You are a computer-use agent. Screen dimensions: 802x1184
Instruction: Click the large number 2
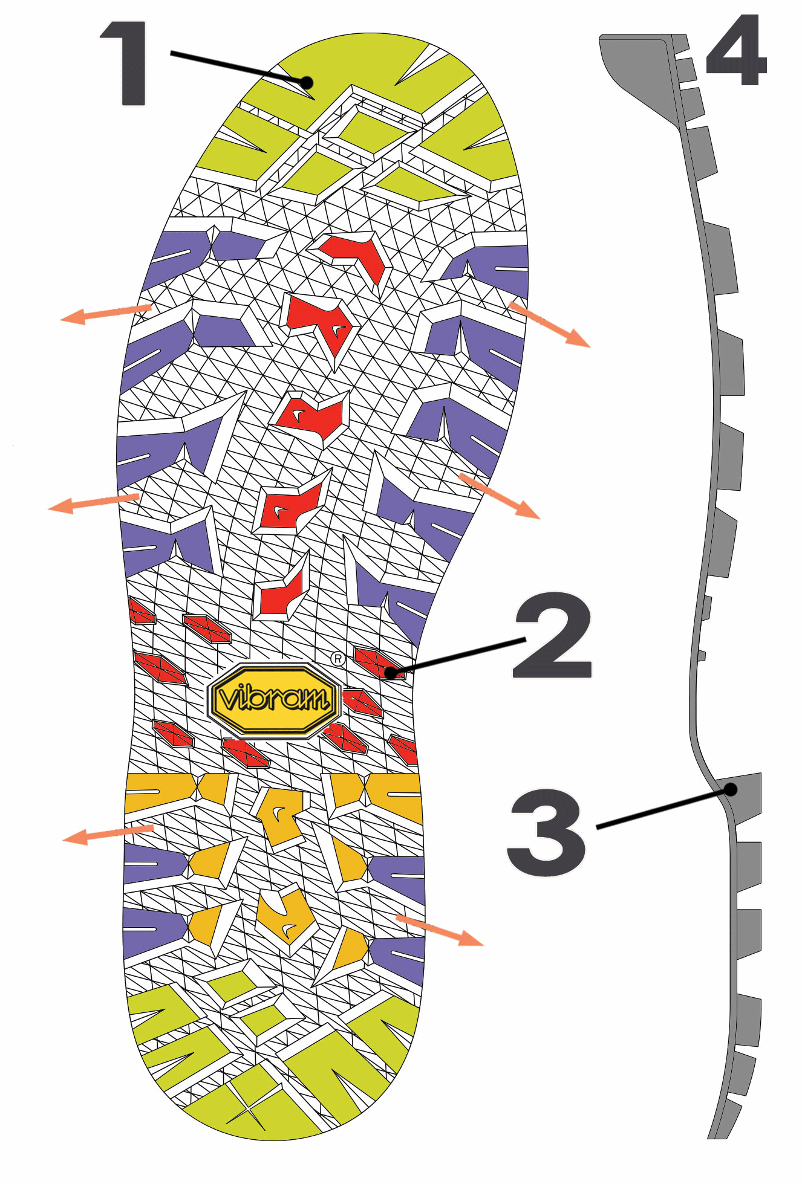(x=552, y=635)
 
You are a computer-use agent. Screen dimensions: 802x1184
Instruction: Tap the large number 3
(x=547, y=832)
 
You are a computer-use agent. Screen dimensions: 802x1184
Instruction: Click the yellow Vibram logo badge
(x=274, y=700)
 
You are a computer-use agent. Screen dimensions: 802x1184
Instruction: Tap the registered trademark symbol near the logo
(x=338, y=659)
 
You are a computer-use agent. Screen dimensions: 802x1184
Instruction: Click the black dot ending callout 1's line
(x=307, y=82)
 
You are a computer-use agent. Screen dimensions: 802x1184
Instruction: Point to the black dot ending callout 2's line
(x=391, y=672)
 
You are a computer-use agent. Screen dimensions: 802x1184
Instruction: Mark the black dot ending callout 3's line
(x=731, y=789)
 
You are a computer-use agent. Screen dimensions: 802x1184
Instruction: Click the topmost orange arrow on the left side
(x=106, y=314)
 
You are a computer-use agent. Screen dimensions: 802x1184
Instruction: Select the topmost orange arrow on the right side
(x=549, y=325)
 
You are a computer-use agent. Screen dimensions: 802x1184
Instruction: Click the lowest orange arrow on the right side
(x=440, y=930)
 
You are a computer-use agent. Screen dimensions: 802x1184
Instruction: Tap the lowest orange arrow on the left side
(x=108, y=834)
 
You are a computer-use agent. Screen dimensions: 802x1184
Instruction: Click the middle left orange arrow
(x=94, y=503)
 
